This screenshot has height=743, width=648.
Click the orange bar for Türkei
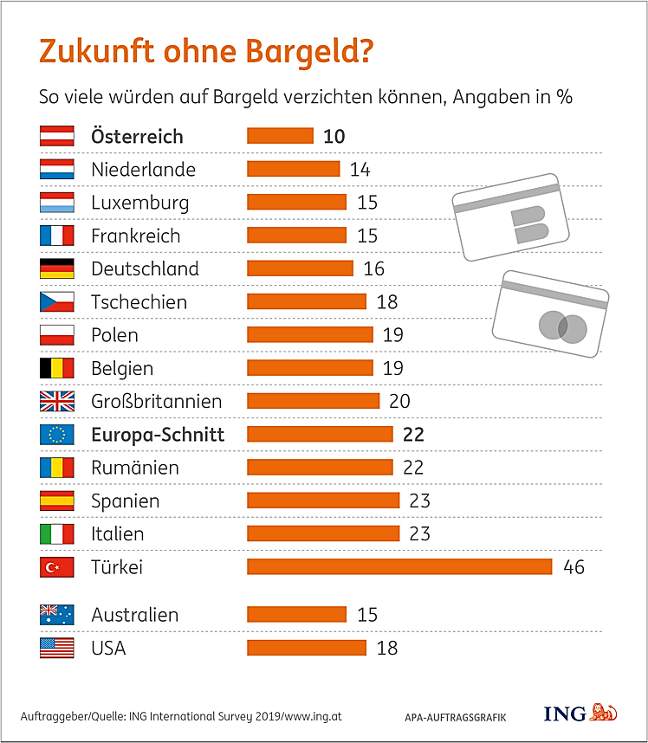[399, 566]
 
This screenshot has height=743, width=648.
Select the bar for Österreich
[280, 136]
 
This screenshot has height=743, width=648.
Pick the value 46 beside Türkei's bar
[573, 567]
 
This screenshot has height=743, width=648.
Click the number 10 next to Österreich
[334, 136]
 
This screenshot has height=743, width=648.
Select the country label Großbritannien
[157, 402]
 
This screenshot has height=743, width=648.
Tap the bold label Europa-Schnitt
[158, 435]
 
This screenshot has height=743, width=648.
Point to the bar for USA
[307, 648]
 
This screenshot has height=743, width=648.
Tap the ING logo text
[564, 714]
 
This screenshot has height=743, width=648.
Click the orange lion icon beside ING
[604, 713]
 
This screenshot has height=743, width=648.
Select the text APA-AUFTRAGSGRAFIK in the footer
[455, 717]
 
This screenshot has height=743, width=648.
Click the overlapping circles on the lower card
[562, 326]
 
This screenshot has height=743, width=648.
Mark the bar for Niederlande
[293, 169]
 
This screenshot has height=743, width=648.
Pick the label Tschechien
[139, 302]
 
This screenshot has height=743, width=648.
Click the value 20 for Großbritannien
[399, 402]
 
